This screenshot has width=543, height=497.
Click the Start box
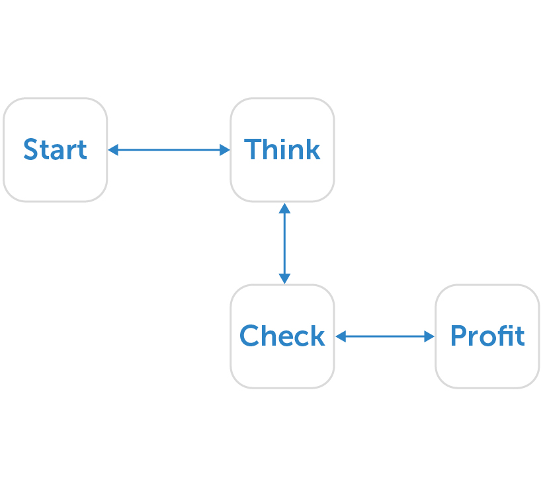[x=55, y=150]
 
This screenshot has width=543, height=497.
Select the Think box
[x=282, y=150]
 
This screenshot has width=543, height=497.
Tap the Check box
[x=282, y=336]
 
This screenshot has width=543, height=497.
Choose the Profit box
[x=487, y=336]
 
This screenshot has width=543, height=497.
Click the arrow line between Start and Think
[x=169, y=150]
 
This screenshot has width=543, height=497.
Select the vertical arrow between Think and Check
[x=284, y=243]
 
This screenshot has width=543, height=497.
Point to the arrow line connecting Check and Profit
[x=385, y=336]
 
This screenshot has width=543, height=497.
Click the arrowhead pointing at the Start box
[x=113, y=150]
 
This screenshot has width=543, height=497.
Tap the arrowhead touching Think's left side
[x=225, y=150]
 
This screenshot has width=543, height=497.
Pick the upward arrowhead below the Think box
[x=284, y=208]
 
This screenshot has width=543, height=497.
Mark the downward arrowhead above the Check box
[x=284, y=279]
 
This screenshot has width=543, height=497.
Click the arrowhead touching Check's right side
[x=341, y=336]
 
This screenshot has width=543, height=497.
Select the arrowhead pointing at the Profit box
[x=429, y=336]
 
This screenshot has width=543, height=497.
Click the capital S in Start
[x=30, y=149]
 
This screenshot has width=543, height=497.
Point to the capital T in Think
[x=253, y=149]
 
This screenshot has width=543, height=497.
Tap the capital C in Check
[x=251, y=335]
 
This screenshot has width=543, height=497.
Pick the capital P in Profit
[x=458, y=335]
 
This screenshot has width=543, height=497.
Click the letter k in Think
[x=313, y=149]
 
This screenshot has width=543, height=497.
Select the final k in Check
[x=317, y=334]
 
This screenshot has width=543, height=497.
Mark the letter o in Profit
[x=486, y=338]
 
